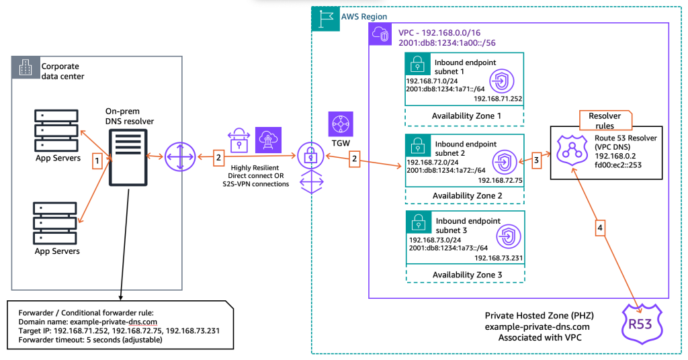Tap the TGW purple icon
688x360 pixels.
[x=340, y=126]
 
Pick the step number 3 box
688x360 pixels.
[x=535, y=161]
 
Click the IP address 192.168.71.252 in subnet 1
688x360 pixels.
[x=498, y=98]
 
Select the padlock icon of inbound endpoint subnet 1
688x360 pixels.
[x=418, y=67]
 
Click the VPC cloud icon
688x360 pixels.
[x=380, y=36]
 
